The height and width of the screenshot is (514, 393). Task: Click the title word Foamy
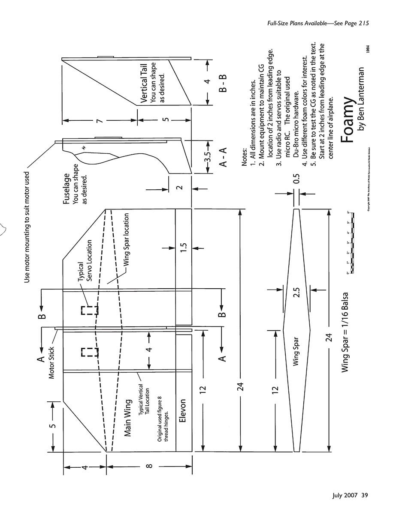[348, 120]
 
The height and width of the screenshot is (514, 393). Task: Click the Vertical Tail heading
[145, 84]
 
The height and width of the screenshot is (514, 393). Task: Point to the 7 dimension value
[99, 122]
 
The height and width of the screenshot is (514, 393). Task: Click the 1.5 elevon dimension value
[183, 249]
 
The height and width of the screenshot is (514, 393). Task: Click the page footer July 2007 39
[350, 496]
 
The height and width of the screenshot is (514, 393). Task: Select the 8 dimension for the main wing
[149, 463]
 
